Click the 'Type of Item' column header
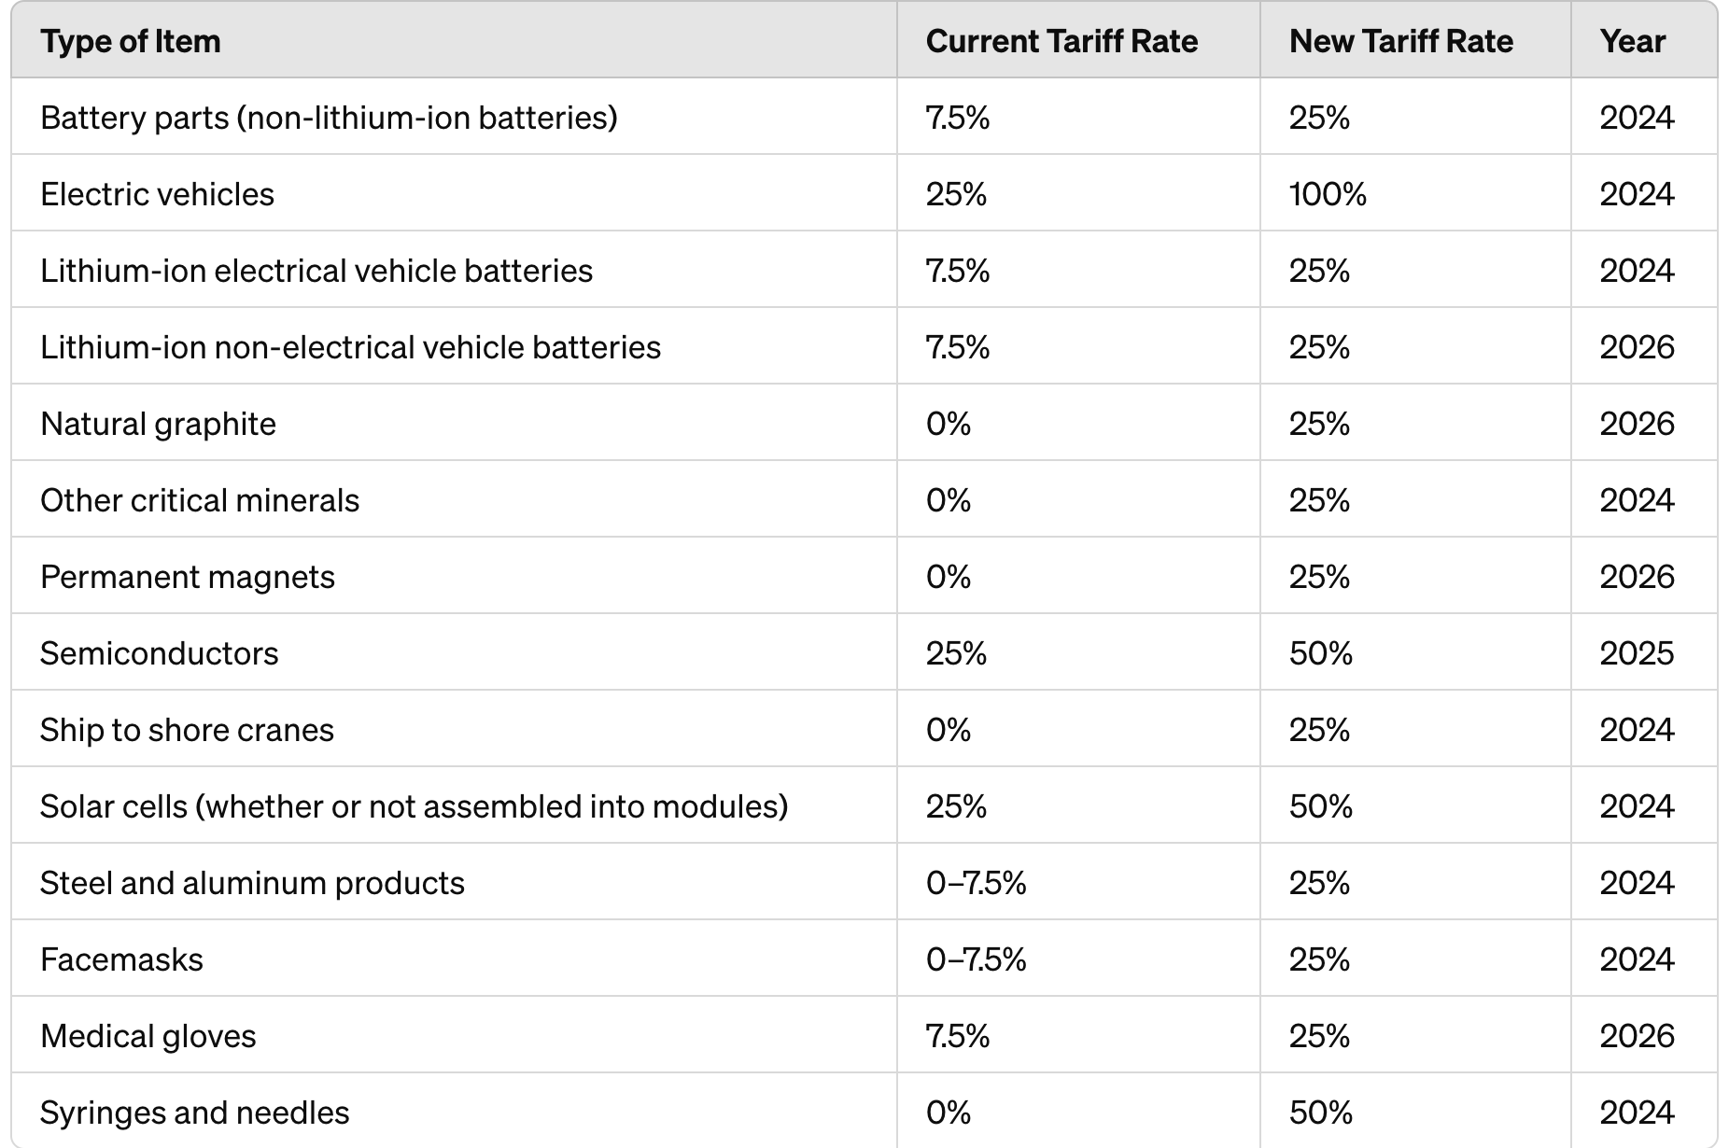[131, 41]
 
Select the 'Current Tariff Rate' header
[1061, 41]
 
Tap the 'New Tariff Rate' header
[1400, 41]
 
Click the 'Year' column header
[1632, 41]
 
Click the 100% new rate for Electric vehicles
[1328, 194]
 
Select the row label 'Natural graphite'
[158, 424]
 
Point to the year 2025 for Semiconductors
[1637, 653]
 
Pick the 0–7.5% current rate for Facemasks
[976, 959]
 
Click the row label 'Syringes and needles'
[194, 1113]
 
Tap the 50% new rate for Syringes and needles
[1320, 1113]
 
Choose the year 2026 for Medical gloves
[1637, 1036]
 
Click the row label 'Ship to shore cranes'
[187, 730]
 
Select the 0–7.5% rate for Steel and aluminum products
[976, 883]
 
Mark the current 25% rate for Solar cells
[956, 806]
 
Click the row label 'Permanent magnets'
[187, 577]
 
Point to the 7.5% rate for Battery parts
[957, 118]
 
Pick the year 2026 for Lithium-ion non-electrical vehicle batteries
[1637, 347]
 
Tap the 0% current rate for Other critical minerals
[949, 500]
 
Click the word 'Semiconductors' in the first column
[159, 653]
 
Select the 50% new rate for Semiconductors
[1320, 653]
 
